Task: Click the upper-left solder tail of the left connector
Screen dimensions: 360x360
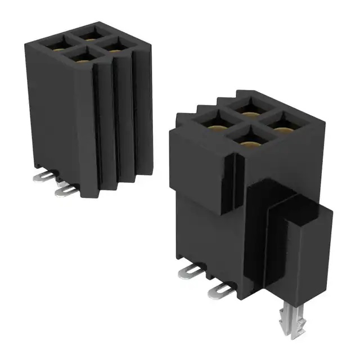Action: [x=40, y=177]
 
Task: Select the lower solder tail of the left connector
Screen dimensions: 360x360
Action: [x=66, y=191]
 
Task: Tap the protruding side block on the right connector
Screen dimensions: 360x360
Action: [x=307, y=247]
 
